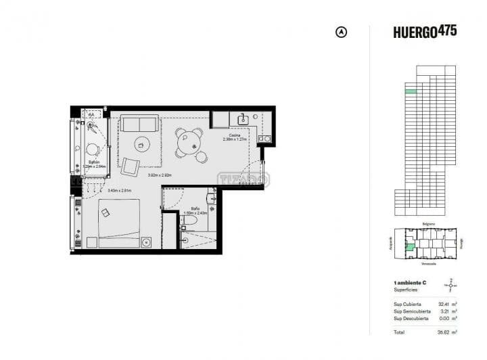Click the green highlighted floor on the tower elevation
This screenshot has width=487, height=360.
[x=411, y=91]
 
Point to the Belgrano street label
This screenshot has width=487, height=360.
[x=428, y=223]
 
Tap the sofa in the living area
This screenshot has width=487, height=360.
[x=140, y=124]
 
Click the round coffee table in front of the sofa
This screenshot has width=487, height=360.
[x=141, y=143]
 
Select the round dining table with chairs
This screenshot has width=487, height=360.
[x=189, y=140]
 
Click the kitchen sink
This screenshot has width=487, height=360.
[x=242, y=120]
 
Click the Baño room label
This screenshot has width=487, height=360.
[x=195, y=208]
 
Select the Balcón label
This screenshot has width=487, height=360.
[x=95, y=162]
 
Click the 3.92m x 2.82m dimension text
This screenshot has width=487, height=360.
[x=161, y=175]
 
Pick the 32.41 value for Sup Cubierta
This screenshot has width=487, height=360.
[x=442, y=305]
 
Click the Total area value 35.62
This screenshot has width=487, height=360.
[x=442, y=332]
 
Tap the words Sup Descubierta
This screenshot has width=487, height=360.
[x=410, y=318]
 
